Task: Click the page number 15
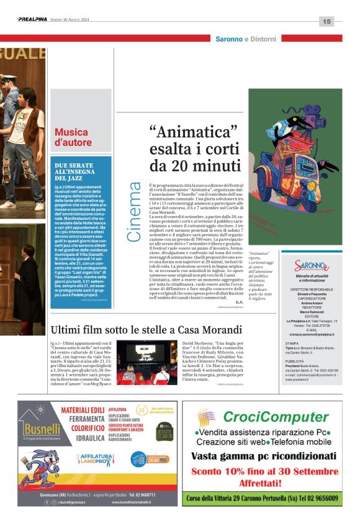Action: (326, 21)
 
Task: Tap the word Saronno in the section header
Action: (229, 39)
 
